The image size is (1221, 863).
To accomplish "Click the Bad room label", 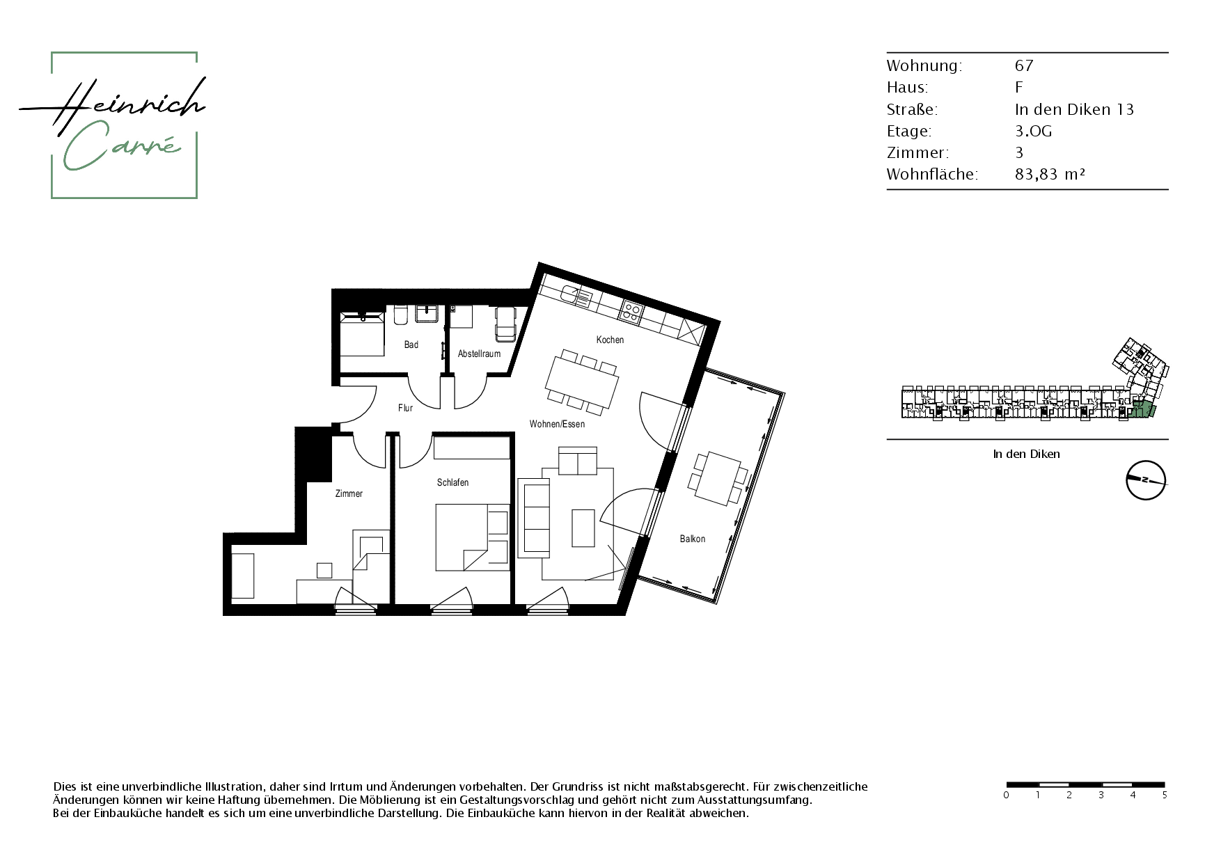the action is click(x=411, y=345).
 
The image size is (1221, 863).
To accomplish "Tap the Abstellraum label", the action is click(x=479, y=354).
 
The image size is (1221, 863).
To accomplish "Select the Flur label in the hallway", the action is click(x=405, y=408).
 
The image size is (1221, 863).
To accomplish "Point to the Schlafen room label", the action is click(x=452, y=482).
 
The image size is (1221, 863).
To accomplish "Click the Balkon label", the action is click(x=693, y=539).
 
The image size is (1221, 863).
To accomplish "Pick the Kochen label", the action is click(x=610, y=340).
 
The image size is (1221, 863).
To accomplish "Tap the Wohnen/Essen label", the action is click(x=557, y=424).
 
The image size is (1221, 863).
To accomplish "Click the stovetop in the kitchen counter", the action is click(x=632, y=310).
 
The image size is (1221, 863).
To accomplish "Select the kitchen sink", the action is click(x=579, y=296).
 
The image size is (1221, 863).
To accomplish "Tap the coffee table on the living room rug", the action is click(x=583, y=528).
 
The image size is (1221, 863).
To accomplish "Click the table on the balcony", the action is click(x=717, y=480).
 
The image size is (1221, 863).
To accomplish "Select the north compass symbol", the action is click(x=1146, y=480).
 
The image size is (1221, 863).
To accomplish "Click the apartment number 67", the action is click(x=1024, y=65).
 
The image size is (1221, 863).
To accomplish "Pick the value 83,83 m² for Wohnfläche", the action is click(x=1050, y=174).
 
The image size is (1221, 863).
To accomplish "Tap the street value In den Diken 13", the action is click(x=1074, y=109).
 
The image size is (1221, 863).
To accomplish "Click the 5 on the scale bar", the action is click(x=1165, y=795).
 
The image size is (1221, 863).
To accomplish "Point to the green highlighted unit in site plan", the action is click(x=1142, y=410).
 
